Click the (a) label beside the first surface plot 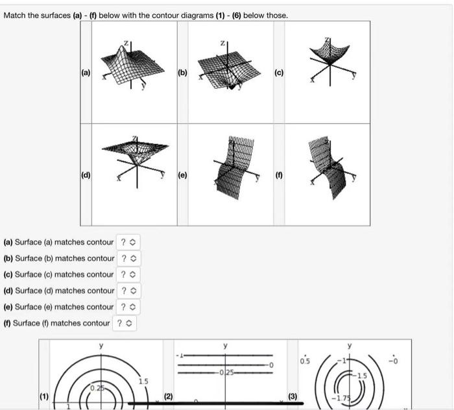[86, 73]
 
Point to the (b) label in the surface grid [182, 73]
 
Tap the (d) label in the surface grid [86, 175]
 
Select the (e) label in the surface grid [182, 175]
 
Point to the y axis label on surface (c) [354, 75]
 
